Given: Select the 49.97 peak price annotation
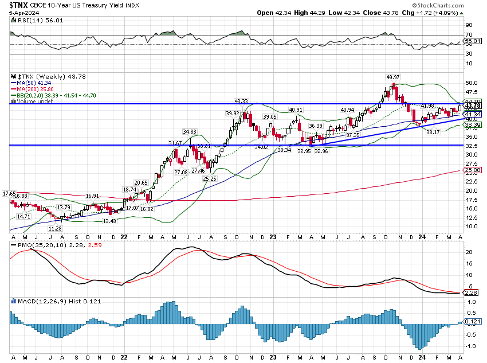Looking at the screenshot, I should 392,77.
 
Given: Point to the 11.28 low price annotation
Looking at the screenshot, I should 54,228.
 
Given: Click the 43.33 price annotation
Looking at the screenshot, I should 241,101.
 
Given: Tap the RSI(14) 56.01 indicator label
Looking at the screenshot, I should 31,20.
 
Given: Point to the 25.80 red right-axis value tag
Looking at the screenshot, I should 473,170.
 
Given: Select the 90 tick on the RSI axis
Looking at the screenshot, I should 468,25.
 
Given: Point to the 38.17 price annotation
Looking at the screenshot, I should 431,132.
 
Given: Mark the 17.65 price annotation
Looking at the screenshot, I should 9,193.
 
